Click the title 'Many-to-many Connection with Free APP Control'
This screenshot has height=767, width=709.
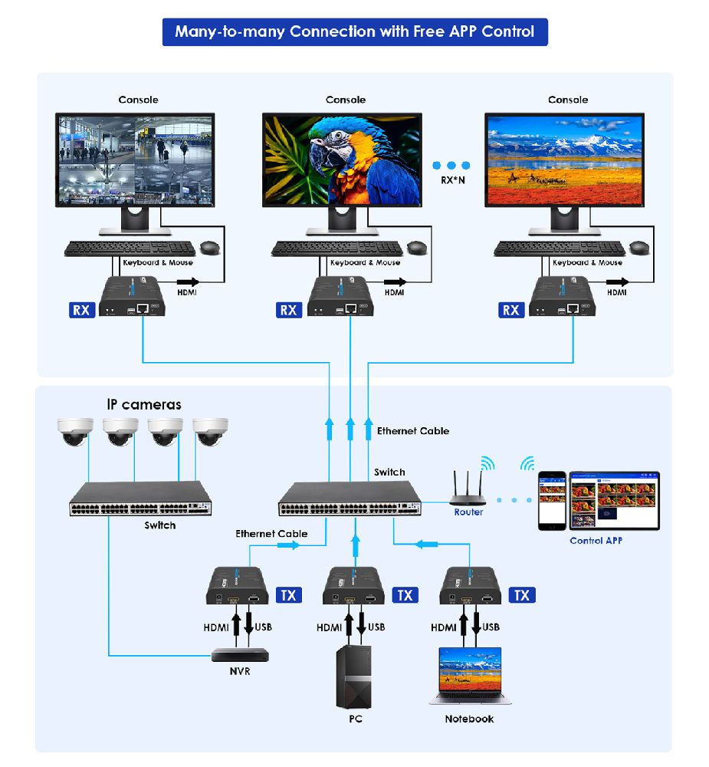[355, 31]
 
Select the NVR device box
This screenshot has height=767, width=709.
[241, 655]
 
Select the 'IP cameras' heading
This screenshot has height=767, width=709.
[144, 404]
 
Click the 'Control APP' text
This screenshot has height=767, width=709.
[596, 541]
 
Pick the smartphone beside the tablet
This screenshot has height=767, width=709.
[550, 500]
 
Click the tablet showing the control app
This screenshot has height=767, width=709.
[614, 500]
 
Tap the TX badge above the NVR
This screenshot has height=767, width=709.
[288, 595]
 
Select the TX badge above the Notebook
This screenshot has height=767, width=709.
[521, 595]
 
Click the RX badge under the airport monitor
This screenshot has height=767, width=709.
[81, 310]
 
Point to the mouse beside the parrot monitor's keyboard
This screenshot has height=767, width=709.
[417, 247]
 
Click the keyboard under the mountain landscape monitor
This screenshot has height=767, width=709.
[559, 248]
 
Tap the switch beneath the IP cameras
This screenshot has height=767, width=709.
[141, 499]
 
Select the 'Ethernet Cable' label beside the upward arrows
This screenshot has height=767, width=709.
[412, 431]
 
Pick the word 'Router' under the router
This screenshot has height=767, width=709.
[468, 512]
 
